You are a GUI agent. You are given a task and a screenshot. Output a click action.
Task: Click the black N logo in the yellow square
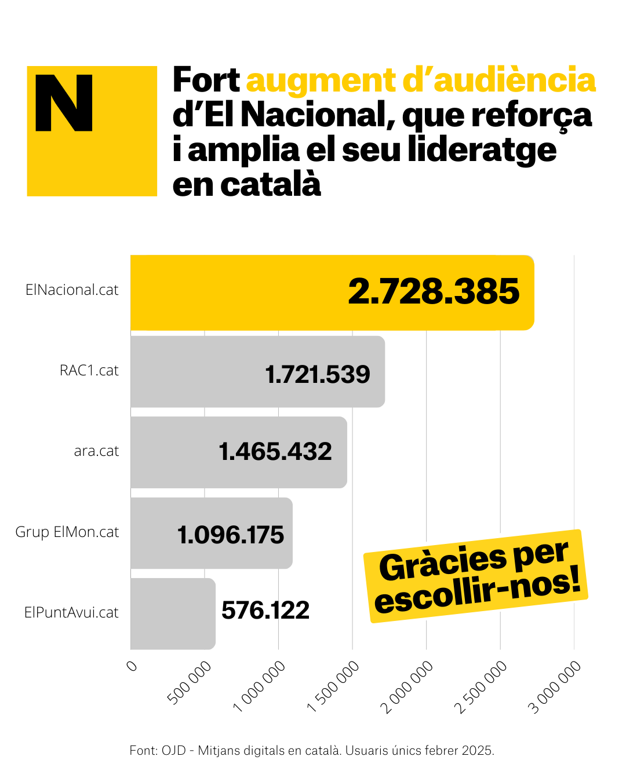coord(64,103)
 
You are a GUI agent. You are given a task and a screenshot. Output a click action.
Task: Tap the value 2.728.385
coord(434,291)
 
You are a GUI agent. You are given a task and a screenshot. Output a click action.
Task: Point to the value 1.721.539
coord(318,375)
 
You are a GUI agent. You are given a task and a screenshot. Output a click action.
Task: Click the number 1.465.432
coord(275,452)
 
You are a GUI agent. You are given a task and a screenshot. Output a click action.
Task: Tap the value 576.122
coord(265,611)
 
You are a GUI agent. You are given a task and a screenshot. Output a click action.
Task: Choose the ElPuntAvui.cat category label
coord(71,613)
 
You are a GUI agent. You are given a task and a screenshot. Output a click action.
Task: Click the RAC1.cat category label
coord(89,371)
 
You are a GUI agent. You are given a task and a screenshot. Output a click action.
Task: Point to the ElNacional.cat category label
coord(72,290)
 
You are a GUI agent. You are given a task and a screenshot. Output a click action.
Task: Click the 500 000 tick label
coord(190,684)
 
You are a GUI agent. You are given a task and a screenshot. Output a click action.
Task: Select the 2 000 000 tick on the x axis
coord(407,688)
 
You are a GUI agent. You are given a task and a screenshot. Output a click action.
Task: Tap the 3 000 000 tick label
coord(555,688)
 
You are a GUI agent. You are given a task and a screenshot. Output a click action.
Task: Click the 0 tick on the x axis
coord(132,666)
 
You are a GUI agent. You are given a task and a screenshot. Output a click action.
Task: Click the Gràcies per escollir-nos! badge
coord(476,576)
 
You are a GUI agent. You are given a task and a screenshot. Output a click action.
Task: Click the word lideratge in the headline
coord(482,150)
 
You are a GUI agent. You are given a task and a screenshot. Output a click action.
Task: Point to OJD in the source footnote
coord(173,751)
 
